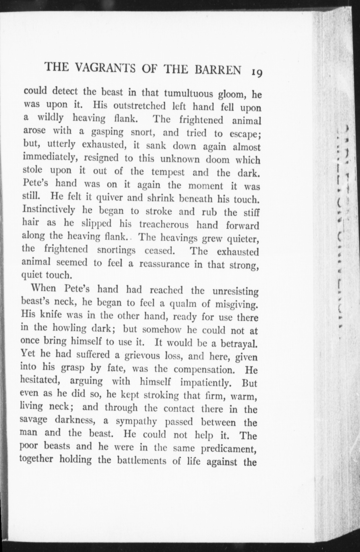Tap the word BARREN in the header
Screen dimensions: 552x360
[218, 70]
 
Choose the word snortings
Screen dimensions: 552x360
[116, 250]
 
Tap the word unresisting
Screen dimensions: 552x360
[235, 291]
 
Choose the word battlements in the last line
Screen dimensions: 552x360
[142, 461]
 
